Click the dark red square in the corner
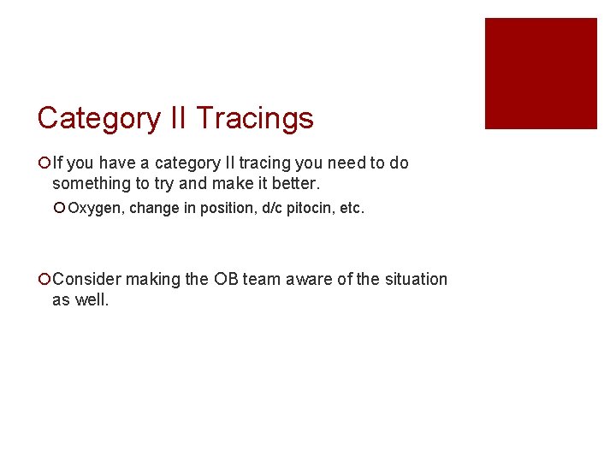coord(541,74)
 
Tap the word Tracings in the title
coord(255,118)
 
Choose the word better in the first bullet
coord(294,183)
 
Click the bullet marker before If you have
coord(44,163)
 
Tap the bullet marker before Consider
coord(44,279)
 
